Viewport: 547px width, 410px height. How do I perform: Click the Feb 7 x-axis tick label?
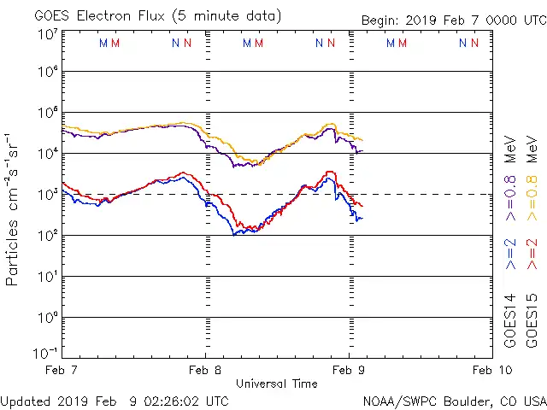click(x=62, y=371)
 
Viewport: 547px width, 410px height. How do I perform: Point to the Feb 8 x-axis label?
click(x=205, y=371)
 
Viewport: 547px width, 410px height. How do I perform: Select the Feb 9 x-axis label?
click(x=349, y=371)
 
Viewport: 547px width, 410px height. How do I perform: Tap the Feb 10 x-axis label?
click(x=491, y=371)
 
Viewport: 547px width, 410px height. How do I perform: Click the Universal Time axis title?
click(x=276, y=384)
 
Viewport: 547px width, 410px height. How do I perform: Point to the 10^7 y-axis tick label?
click(x=47, y=34)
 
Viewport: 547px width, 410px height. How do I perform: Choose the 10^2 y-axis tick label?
click(x=47, y=236)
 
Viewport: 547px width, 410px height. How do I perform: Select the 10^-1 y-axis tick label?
click(x=47, y=353)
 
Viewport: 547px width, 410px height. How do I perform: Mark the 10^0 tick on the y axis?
click(x=47, y=318)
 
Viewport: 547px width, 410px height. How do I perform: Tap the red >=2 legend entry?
click(x=532, y=254)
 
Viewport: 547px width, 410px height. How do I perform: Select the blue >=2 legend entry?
click(x=511, y=254)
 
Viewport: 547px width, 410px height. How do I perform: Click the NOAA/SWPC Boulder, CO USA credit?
click(x=454, y=401)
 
